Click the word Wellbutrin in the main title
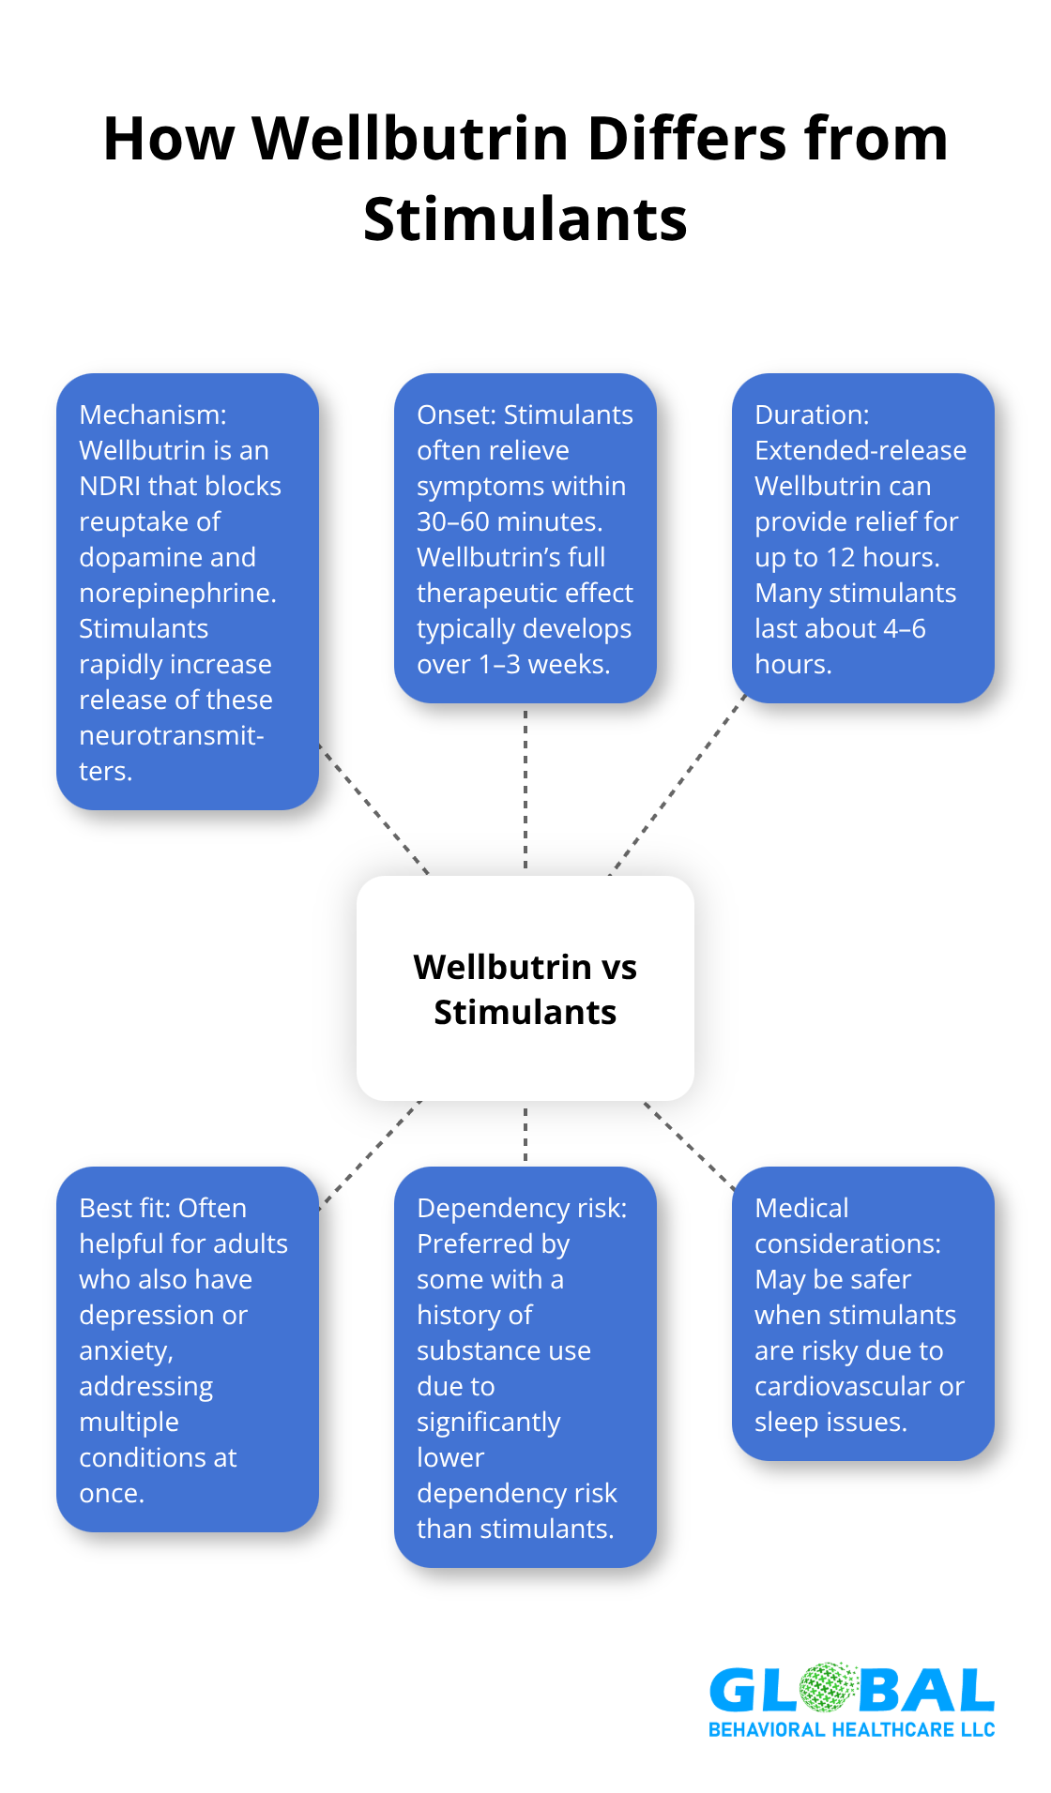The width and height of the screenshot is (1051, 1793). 411,139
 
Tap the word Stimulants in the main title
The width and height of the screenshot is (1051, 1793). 525,219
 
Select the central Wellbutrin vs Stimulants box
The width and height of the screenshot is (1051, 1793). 525,988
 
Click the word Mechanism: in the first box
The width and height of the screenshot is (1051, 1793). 153,414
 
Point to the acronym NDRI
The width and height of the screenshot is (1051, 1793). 111,486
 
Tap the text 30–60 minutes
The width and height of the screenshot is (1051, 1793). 509,521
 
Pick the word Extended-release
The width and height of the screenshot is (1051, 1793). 861,450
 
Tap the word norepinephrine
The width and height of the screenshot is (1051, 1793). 176,593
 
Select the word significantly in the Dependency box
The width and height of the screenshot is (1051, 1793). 488,1422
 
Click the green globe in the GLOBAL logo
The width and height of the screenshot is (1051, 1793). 828,1689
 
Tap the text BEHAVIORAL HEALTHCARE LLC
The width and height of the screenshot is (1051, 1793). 851,1729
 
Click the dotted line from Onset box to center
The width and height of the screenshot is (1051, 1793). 525,788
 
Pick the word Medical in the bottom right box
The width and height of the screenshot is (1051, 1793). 801,1208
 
